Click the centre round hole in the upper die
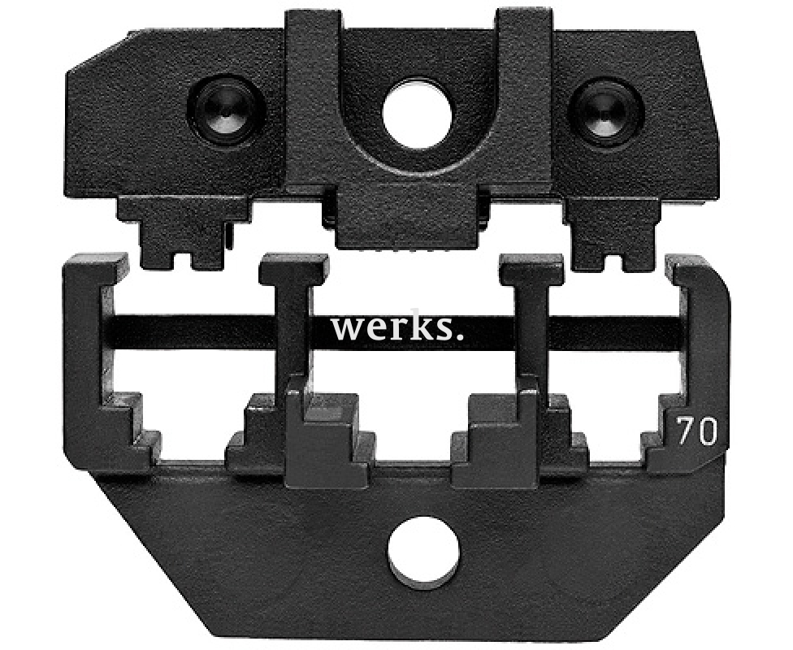point(418,113)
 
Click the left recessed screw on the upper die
point(227,110)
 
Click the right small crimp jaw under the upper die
point(612,230)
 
